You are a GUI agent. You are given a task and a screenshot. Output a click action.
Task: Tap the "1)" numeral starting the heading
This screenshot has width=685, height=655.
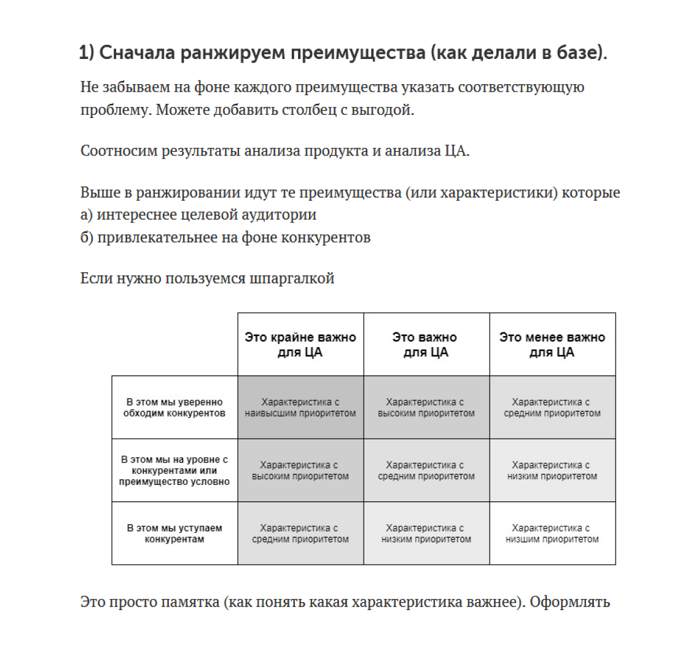point(87,53)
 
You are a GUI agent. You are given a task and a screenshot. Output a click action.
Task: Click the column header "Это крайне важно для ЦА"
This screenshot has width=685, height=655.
point(300,345)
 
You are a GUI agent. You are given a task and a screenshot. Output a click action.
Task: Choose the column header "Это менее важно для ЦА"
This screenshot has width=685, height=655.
point(552,345)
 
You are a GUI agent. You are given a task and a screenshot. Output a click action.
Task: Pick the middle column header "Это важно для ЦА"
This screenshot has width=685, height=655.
point(425,345)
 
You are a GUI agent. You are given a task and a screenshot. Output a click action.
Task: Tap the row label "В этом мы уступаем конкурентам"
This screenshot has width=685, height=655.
point(174,533)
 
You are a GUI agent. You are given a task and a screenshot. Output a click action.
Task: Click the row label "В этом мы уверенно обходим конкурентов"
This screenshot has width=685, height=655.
point(174,407)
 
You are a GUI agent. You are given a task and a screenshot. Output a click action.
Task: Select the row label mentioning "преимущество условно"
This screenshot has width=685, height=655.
point(174,470)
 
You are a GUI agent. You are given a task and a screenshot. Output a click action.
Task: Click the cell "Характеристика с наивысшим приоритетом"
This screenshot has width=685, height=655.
point(300,407)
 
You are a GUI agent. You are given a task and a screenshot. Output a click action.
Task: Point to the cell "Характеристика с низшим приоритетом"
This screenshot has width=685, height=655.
point(552,533)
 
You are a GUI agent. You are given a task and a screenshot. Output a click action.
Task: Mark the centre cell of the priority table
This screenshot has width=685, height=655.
point(426,471)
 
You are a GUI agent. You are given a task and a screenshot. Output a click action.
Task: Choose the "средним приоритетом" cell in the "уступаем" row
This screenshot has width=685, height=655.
point(300,533)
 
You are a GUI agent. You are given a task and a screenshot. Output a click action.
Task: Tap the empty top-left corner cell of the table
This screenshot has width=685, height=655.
point(174,345)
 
